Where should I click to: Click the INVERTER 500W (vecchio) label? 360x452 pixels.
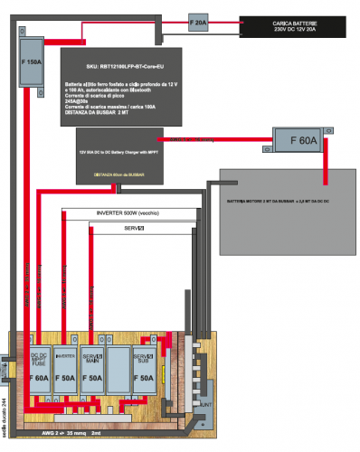pyautogui.click(x=129, y=213)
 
